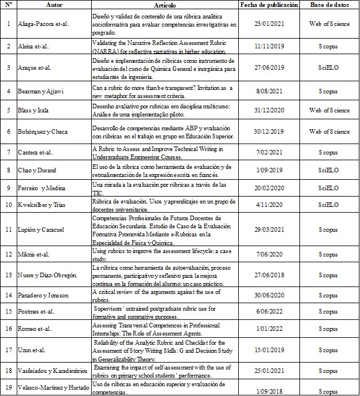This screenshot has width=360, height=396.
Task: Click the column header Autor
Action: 54,5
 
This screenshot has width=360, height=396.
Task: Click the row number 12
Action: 8,254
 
